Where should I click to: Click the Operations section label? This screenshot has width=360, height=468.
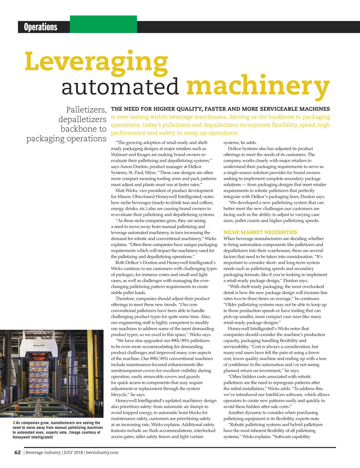(x=40, y=27)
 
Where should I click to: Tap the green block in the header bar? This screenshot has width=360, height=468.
(x=103, y=24)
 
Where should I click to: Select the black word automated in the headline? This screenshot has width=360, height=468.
(x=120, y=86)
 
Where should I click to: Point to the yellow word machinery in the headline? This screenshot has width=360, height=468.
(x=258, y=86)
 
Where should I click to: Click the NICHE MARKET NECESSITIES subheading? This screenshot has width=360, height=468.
(x=260, y=232)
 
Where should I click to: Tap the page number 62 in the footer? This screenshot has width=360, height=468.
(x=18, y=452)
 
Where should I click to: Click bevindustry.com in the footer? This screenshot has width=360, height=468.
(x=102, y=452)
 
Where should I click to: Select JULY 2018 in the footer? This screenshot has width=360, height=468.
(x=73, y=452)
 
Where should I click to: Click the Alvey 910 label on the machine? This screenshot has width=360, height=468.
(x=39, y=345)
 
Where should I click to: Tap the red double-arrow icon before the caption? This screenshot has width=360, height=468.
(x=14, y=423)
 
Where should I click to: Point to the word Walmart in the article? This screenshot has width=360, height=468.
(x=119, y=154)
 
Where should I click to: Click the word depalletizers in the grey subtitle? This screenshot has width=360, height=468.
(x=82, y=119)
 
